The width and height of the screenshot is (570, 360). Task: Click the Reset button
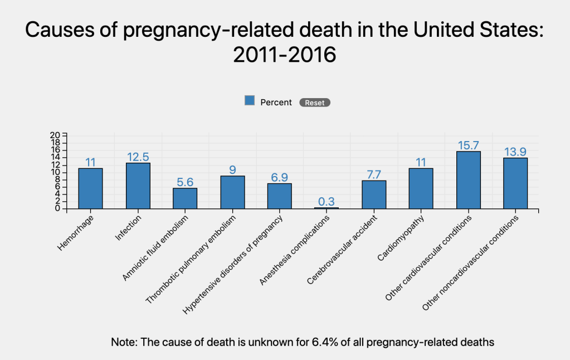[315, 103]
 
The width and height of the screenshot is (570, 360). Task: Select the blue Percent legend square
[250, 101]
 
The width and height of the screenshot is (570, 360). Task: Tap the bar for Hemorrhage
[90, 188]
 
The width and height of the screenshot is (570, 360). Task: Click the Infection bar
[138, 186]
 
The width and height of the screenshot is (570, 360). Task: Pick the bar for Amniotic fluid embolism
[185, 198]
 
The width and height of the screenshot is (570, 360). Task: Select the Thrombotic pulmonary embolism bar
[232, 192]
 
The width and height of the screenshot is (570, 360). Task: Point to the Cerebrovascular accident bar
[374, 194]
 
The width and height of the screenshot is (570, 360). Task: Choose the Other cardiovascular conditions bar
[468, 180]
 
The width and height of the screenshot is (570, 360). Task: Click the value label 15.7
[468, 145]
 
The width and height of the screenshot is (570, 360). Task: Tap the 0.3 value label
[327, 202]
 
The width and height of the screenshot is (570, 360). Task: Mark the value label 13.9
[515, 152]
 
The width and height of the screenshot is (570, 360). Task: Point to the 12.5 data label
[138, 157]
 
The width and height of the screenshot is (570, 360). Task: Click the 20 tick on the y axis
[55, 135]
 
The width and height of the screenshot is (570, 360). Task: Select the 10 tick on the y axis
[55, 172]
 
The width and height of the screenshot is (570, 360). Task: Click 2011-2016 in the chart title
[285, 55]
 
